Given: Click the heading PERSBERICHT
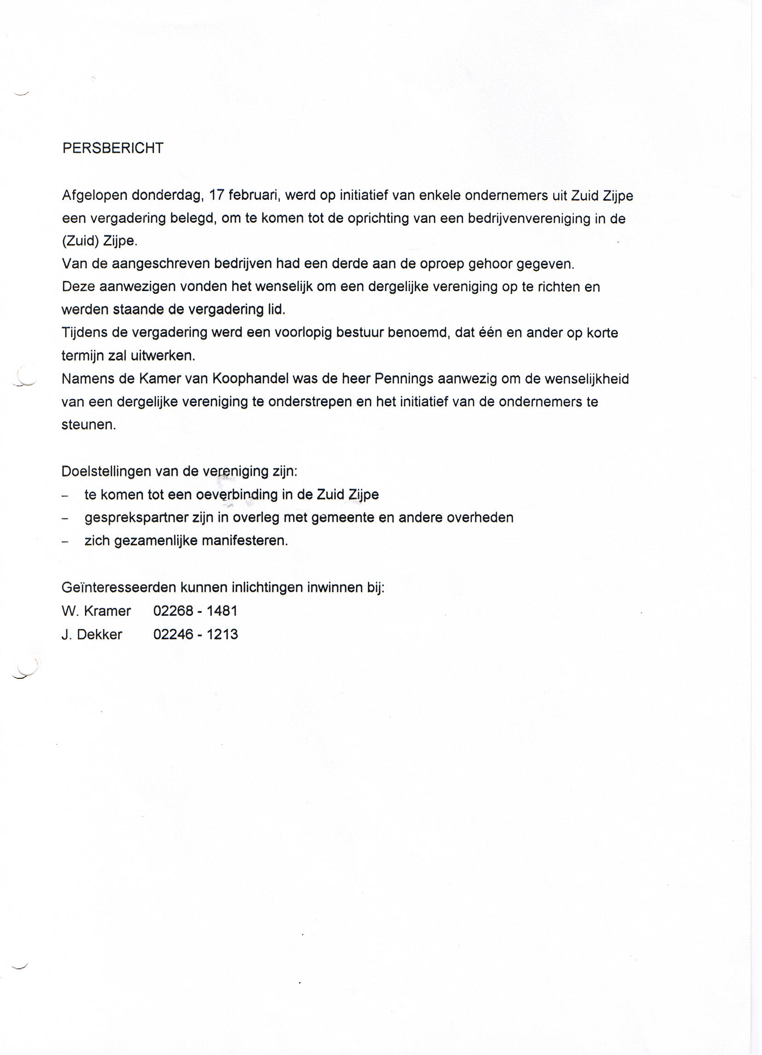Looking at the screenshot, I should tap(113, 148).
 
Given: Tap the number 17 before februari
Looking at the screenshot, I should tap(217, 195).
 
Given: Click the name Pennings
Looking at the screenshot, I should tap(404, 379).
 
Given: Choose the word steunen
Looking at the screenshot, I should tap(88, 425).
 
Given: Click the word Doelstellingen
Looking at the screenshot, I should tap(106, 472).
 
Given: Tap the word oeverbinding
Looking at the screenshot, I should tap(237, 495).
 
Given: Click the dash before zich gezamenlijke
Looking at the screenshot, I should tap(65, 542).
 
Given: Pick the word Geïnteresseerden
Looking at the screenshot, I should tap(119, 588).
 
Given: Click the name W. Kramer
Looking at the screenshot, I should tap(96, 611).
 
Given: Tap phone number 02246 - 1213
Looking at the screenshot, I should tap(195, 635).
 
